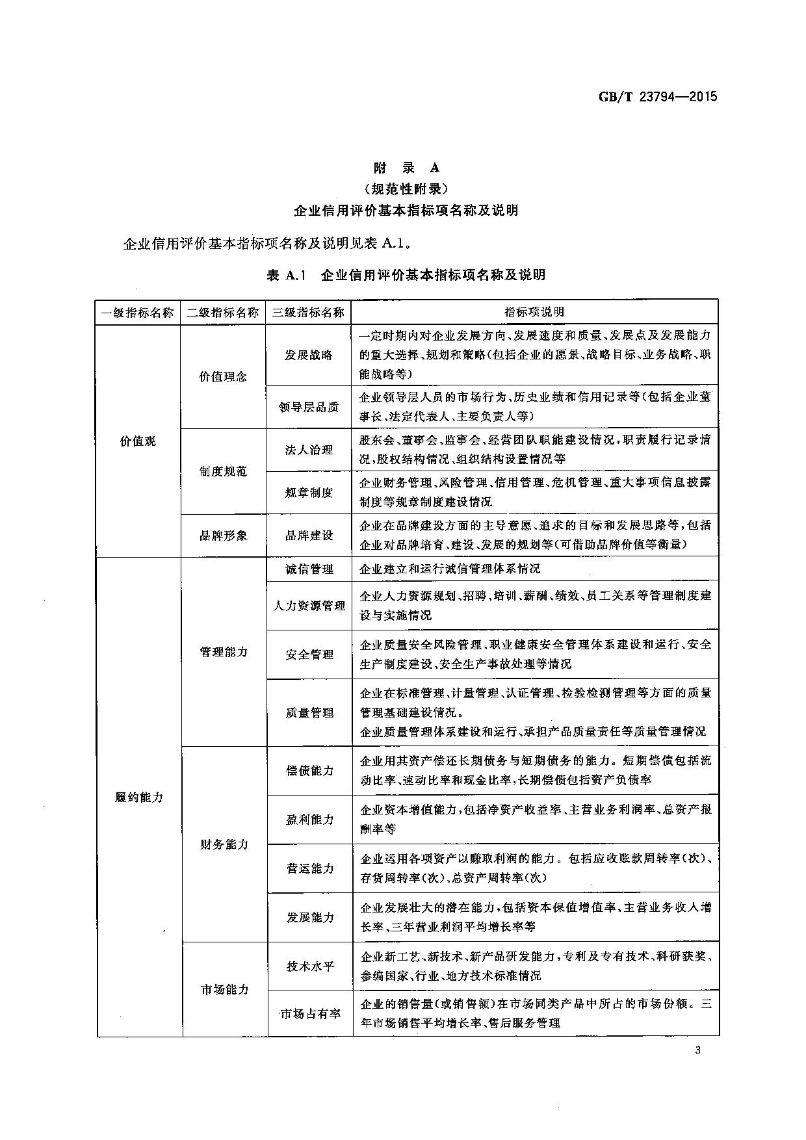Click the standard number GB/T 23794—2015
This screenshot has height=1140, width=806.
pyautogui.click(x=657, y=97)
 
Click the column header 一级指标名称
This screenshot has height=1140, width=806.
pyautogui.click(x=138, y=312)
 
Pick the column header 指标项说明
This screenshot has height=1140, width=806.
pyautogui.click(x=534, y=312)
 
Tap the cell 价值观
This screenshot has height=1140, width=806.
pyautogui.click(x=138, y=441)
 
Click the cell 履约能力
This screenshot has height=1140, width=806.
pyautogui.click(x=138, y=797)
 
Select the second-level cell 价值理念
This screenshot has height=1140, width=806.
pyautogui.click(x=223, y=377)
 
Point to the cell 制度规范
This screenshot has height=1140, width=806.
pyautogui.click(x=223, y=471)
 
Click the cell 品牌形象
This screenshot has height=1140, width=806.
pyautogui.click(x=223, y=536)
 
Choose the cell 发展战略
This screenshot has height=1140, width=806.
pyautogui.click(x=309, y=356)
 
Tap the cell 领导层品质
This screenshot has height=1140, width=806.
pyautogui.click(x=309, y=407)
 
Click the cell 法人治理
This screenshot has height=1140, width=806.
pyautogui.click(x=309, y=450)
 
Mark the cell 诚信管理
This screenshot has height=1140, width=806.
pyautogui.click(x=309, y=569)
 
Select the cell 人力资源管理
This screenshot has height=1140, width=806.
pyautogui.click(x=309, y=605)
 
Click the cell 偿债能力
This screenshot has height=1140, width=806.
pyautogui.click(x=309, y=770)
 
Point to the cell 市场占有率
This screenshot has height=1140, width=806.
pyautogui.click(x=309, y=1013)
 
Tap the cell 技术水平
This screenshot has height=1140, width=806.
pyautogui.click(x=309, y=966)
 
